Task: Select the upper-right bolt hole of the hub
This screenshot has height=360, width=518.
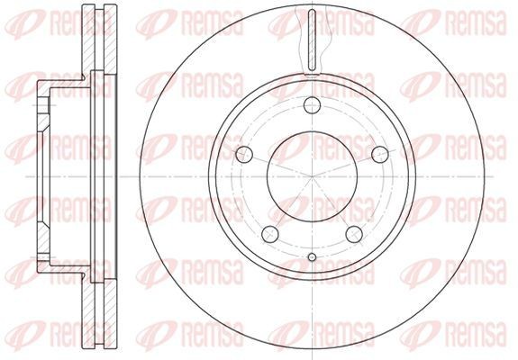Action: (378, 153)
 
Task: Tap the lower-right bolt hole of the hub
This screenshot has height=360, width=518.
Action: (352, 235)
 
